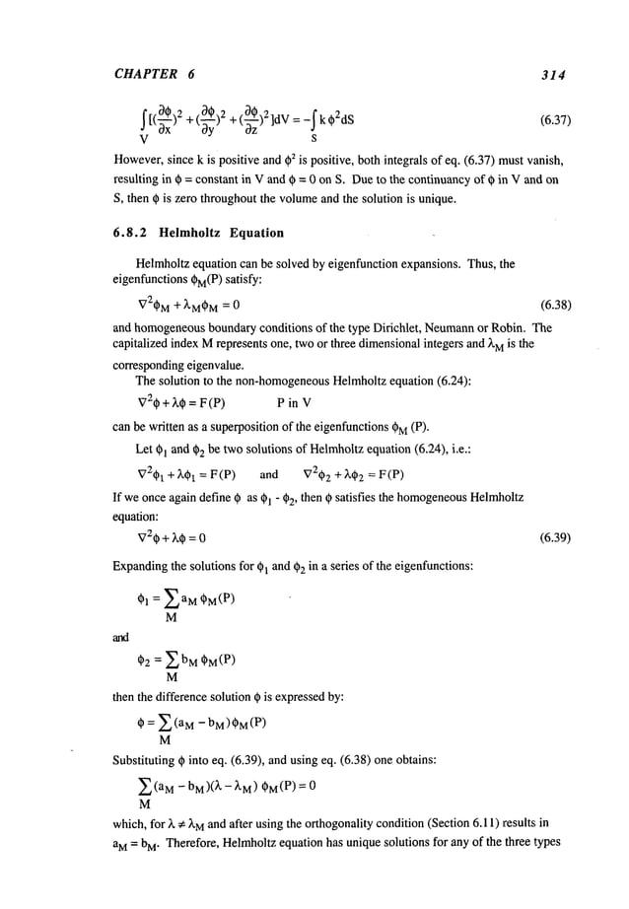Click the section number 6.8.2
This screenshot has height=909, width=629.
pyautogui.click(x=90, y=234)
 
